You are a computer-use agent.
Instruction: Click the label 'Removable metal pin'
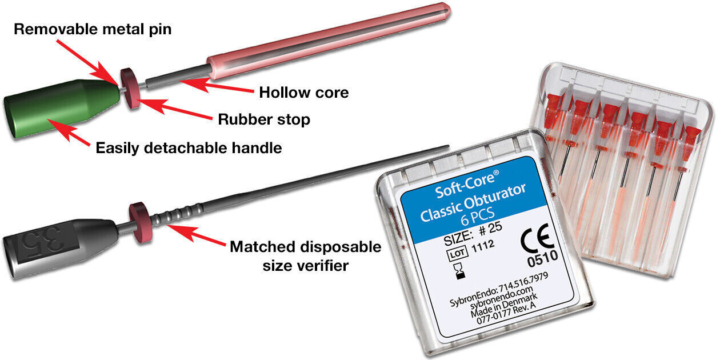pos(93,29)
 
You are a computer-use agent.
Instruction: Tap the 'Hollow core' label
pos(304,93)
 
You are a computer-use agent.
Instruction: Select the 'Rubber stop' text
pos(264,119)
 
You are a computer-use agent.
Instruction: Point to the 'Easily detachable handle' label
pos(189,148)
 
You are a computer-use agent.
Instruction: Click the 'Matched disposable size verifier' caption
pos(305,256)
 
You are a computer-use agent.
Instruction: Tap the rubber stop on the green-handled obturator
pos(130,89)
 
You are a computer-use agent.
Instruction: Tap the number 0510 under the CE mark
pos(543,258)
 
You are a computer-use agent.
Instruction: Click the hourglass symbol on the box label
pos(459,271)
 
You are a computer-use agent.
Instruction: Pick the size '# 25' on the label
pos(490,229)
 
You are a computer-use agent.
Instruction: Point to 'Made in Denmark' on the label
pos(503,305)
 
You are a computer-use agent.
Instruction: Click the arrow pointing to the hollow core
pos(217,85)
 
